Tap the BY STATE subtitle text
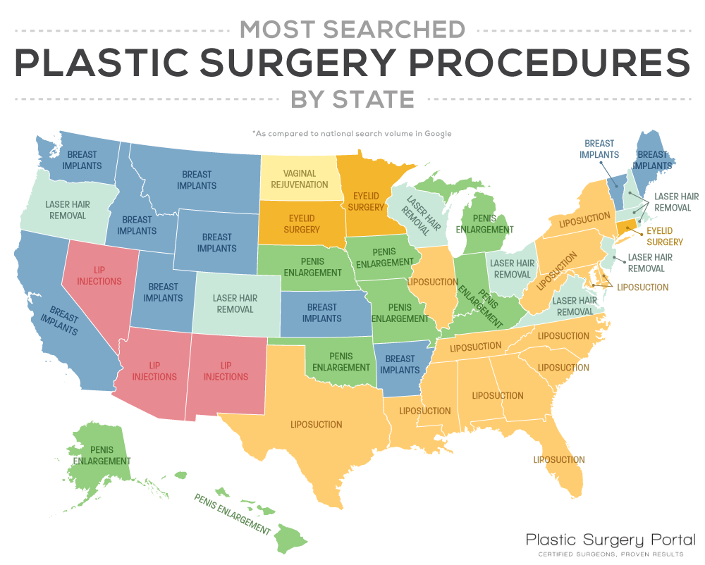[352, 99]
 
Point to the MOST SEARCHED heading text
[352, 29]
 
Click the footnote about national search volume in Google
[352, 133]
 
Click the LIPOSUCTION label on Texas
[317, 425]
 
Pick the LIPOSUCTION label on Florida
[559, 460]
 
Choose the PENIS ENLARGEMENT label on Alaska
[102, 455]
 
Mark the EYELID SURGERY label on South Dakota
[302, 223]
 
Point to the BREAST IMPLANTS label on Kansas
[322, 312]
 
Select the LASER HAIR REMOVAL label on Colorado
[235, 304]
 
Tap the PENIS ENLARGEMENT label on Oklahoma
[341, 361]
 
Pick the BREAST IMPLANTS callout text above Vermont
[599, 149]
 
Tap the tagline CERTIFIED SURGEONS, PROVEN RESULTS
[611, 554]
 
